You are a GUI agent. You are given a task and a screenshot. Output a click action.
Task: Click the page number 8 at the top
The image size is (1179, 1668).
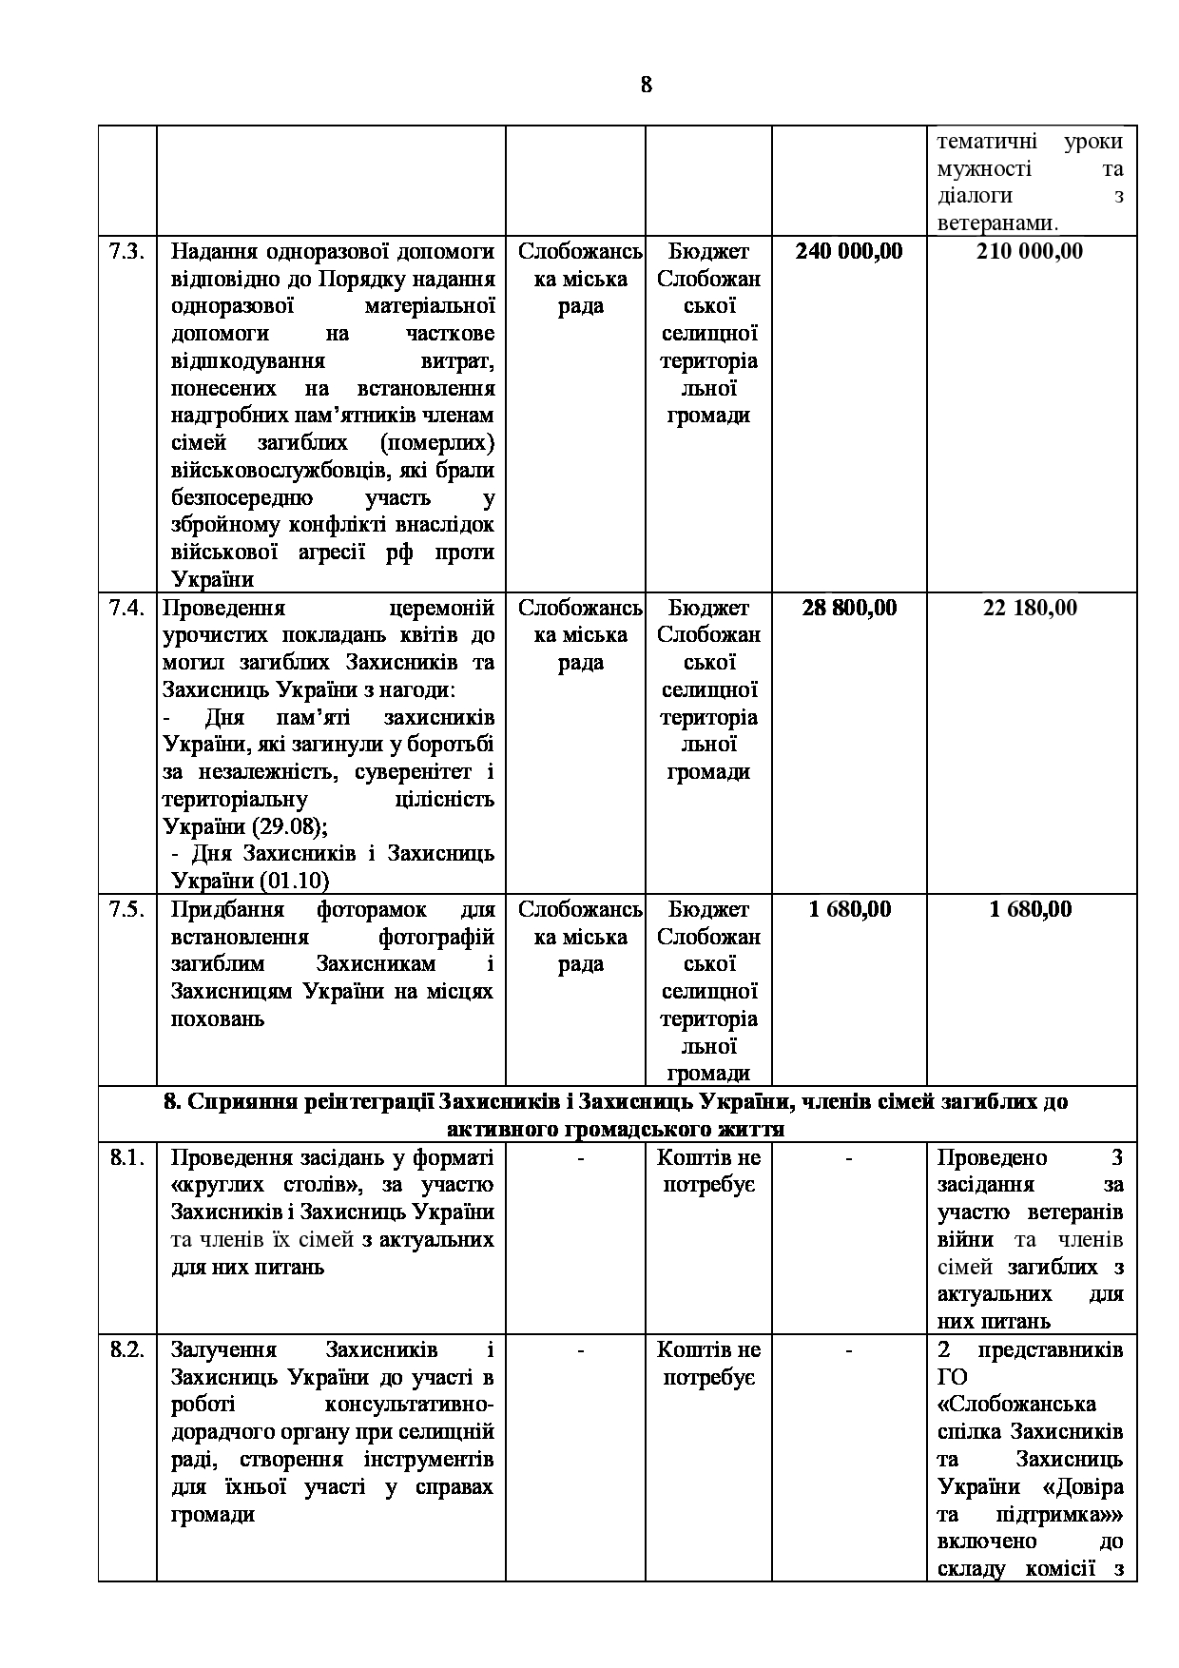coord(647,86)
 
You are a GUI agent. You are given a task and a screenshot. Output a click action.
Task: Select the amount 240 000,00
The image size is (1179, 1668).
coord(849,252)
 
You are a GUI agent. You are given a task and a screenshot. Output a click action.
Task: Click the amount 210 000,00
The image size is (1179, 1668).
coord(1030,252)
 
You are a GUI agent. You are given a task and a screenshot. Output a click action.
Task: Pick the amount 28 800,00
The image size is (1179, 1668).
coord(849,609)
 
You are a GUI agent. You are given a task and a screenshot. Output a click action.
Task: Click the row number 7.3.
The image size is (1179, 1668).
coord(126,252)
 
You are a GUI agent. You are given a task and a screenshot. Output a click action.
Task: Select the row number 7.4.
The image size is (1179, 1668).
coord(126,609)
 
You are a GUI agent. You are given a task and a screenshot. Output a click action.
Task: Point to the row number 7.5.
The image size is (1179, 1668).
coord(126,910)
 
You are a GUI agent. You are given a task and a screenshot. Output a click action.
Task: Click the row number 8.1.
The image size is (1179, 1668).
coord(126,1158)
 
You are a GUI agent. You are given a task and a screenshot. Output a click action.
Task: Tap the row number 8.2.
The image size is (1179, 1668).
coord(126,1350)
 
